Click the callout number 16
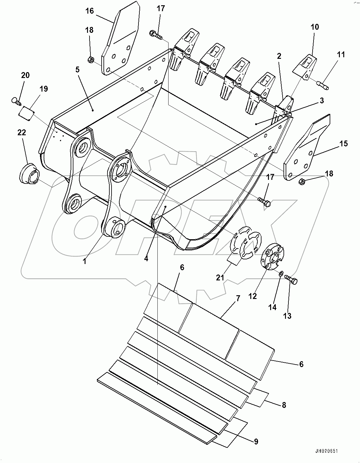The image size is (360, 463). click(90, 11)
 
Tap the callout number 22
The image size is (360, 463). click(22, 132)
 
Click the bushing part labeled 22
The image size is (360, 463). click(29, 174)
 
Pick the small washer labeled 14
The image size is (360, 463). click(280, 273)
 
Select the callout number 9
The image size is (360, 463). click(256, 441)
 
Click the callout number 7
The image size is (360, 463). click(238, 299)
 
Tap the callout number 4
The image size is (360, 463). click(146, 258)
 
